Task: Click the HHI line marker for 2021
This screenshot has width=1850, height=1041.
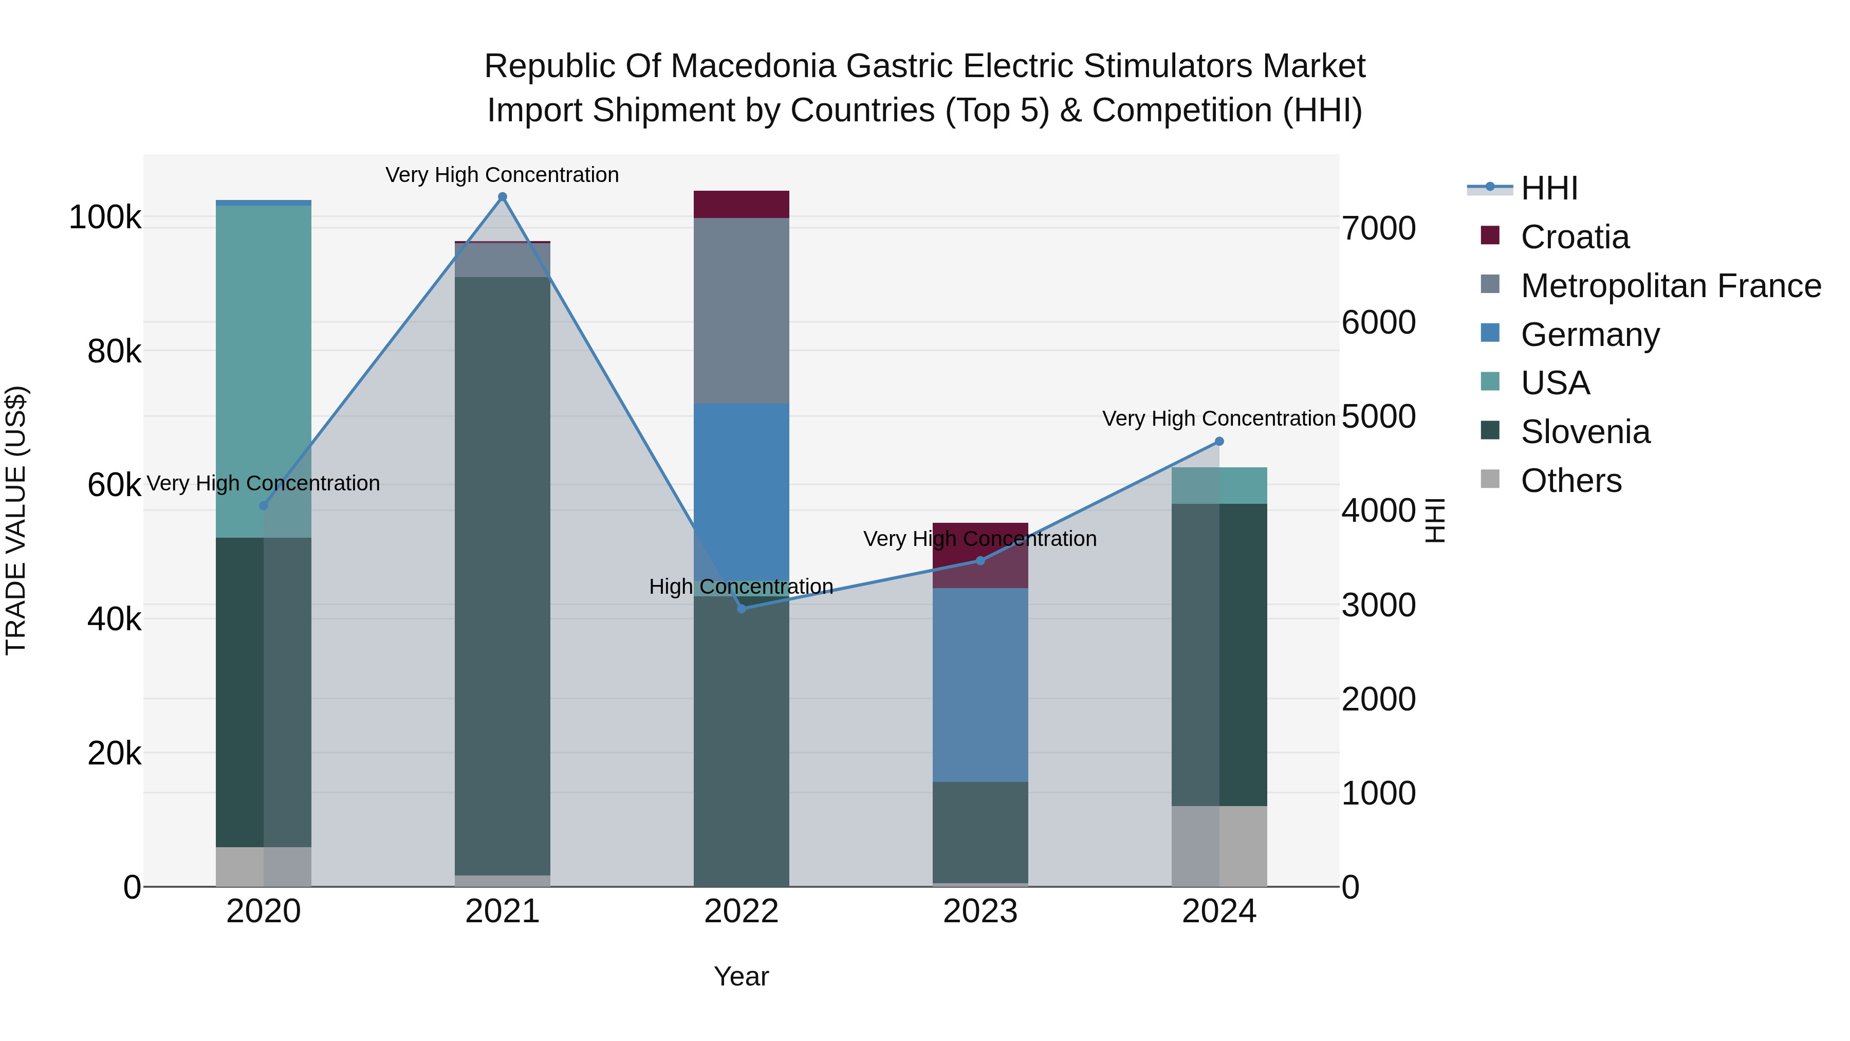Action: click(502, 197)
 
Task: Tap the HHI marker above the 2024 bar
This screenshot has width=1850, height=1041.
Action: click(1219, 441)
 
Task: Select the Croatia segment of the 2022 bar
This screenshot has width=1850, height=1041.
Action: click(741, 204)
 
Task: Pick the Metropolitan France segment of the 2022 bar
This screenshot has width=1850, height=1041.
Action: click(741, 311)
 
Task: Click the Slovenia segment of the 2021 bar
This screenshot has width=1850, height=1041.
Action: click(502, 575)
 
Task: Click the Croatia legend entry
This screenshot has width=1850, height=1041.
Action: click(1574, 237)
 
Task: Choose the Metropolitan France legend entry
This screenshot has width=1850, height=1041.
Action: click(1671, 286)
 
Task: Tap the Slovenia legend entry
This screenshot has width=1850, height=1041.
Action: click(1585, 432)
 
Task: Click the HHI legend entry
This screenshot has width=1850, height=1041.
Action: click(1548, 188)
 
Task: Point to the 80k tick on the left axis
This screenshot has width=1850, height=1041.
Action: click(114, 351)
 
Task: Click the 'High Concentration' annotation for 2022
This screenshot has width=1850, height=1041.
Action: click(741, 586)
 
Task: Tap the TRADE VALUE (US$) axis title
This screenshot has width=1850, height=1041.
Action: click(16, 520)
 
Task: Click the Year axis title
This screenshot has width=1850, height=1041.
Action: click(741, 976)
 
